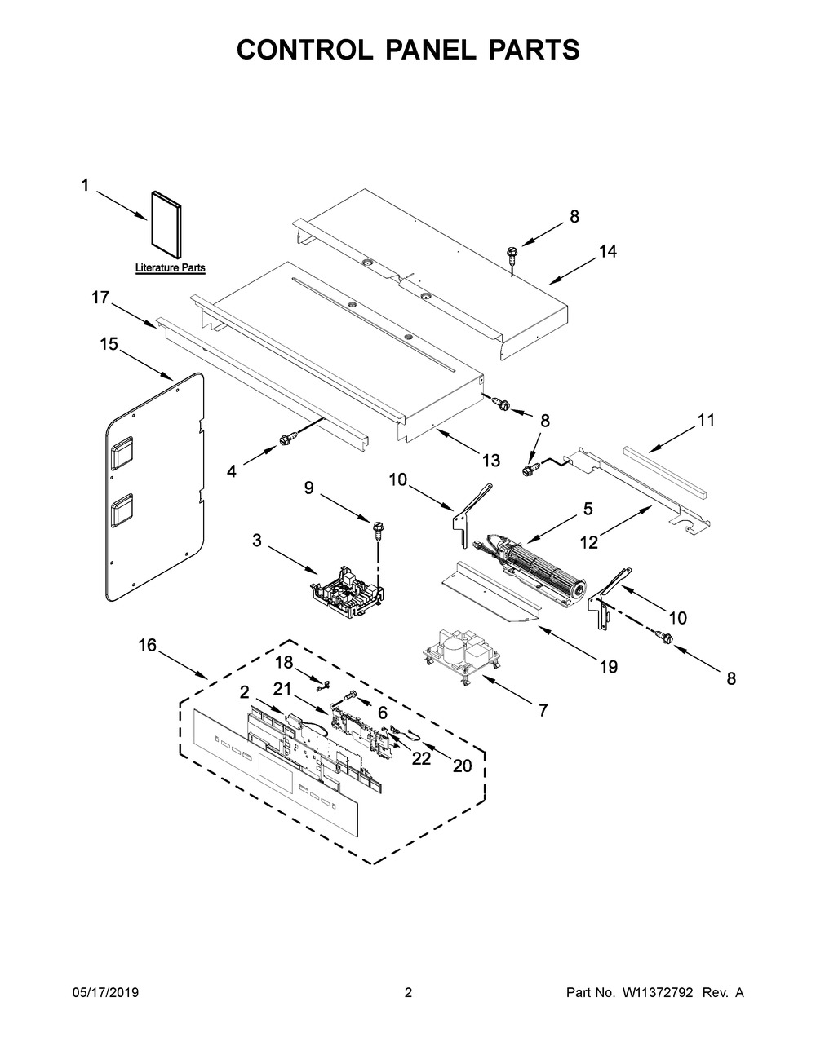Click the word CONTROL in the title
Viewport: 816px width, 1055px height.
304,50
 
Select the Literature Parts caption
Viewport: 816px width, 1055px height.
170,267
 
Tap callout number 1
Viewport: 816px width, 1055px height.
86,185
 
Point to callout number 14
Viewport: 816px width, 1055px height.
608,251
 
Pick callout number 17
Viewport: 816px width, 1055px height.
101,298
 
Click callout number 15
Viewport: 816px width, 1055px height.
109,344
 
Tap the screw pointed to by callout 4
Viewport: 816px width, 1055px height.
284,439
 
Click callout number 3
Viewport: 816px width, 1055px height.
257,540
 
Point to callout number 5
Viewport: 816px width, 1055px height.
588,510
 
